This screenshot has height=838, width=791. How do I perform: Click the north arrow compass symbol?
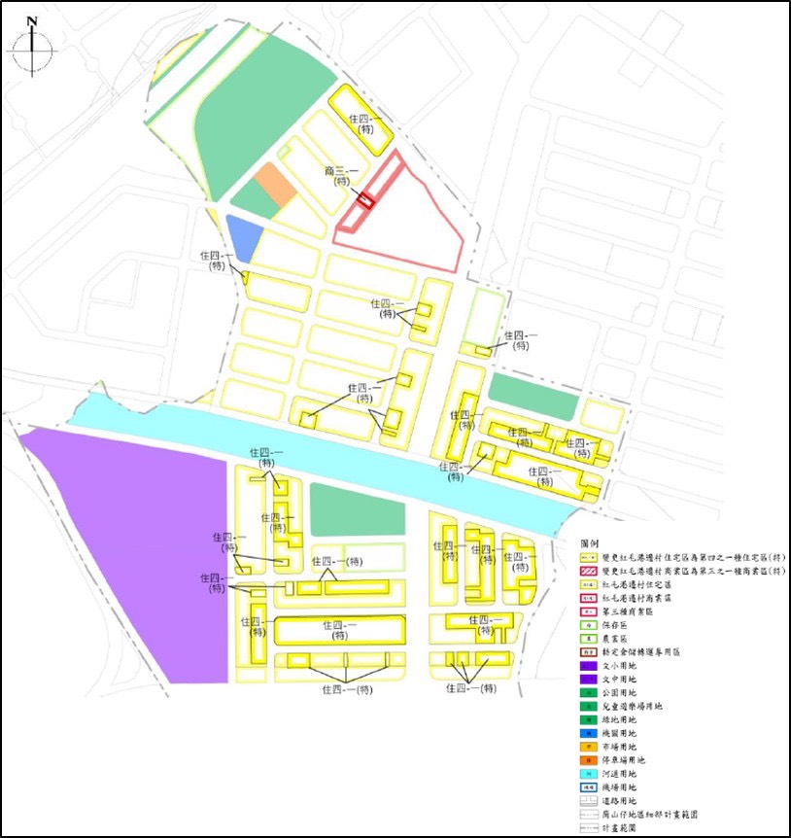[33, 46]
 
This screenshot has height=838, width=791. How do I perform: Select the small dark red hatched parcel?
[365, 200]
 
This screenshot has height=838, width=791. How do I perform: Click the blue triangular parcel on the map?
[242, 236]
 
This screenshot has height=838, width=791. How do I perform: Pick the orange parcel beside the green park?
[275, 186]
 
